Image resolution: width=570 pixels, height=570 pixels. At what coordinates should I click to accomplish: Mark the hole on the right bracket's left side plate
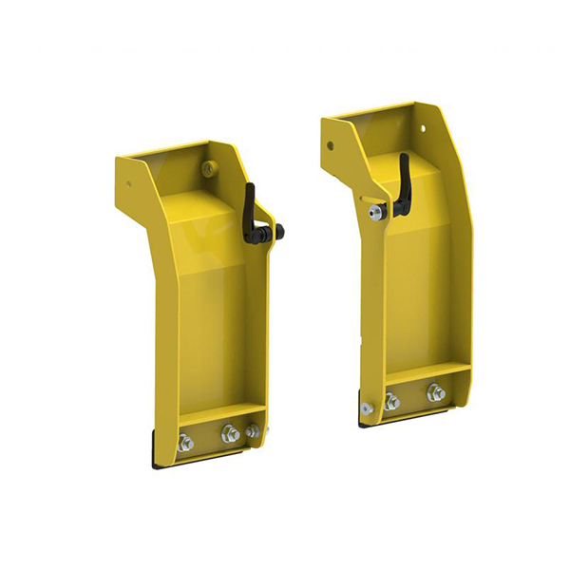pyautogui.click(x=331, y=146)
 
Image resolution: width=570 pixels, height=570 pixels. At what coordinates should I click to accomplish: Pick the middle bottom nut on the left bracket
pyautogui.click(x=230, y=434)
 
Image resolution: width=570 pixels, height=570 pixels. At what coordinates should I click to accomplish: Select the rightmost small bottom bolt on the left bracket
pyautogui.click(x=252, y=431)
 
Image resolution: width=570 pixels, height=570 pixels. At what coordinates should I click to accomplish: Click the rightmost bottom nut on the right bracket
pyautogui.click(x=436, y=391)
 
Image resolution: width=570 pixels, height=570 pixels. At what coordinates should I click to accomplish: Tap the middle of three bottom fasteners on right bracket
pyautogui.click(x=391, y=402)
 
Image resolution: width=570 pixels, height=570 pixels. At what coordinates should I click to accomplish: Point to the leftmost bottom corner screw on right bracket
pyautogui.click(x=367, y=408)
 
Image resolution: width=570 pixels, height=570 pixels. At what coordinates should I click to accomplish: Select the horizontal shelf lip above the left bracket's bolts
pyautogui.click(x=220, y=414)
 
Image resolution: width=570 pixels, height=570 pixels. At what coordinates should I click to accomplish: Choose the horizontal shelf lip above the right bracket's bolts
pyautogui.click(x=427, y=372)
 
